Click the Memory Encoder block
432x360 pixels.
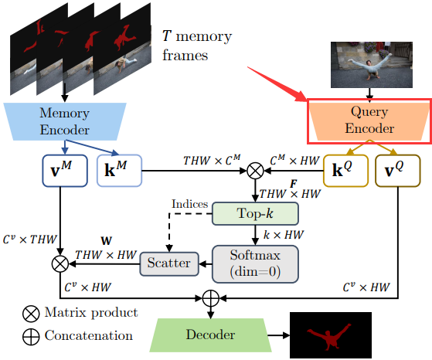(65, 121)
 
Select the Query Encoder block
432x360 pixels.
(369, 121)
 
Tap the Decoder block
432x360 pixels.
(210, 335)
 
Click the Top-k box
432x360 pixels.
(255, 213)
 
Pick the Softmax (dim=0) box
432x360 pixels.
(255, 264)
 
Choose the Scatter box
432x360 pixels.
(169, 263)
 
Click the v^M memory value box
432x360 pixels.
(65, 171)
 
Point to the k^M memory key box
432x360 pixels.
(119, 171)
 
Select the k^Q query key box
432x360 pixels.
(345, 171)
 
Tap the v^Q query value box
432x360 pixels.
(398, 171)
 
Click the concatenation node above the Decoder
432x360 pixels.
(211, 298)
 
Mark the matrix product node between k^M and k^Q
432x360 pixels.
(255, 171)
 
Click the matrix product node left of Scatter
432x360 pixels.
(60, 264)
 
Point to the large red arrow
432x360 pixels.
(277, 83)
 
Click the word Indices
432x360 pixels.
(190, 204)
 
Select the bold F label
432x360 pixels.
(294, 184)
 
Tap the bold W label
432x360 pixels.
(107, 241)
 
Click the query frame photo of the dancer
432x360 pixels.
(372, 65)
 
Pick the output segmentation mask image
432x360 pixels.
(331, 335)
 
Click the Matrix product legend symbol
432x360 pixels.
(31, 314)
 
